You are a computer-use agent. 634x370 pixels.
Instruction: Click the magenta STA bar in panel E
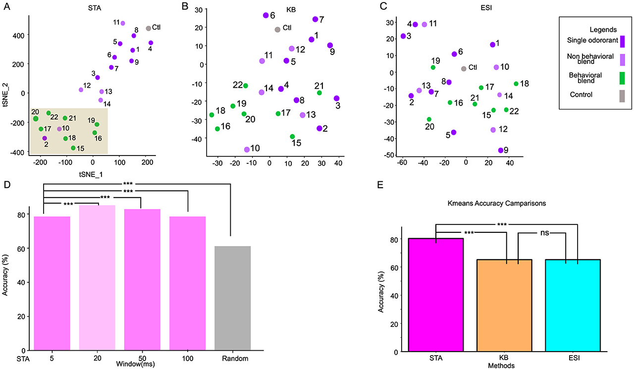point(435,295)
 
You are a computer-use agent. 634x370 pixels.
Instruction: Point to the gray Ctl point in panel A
point(148,29)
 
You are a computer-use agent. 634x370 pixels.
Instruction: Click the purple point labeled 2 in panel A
point(45,138)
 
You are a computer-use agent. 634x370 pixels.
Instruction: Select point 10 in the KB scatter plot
point(247,150)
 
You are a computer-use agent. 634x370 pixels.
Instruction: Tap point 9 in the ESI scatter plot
point(501,150)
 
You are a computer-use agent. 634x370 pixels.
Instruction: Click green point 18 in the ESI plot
point(516,84)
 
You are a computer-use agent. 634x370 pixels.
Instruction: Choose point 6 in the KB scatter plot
point(265,15)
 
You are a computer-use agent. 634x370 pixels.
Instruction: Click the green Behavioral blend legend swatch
point(622,77)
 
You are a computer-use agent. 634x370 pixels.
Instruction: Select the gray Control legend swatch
point(622,97)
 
